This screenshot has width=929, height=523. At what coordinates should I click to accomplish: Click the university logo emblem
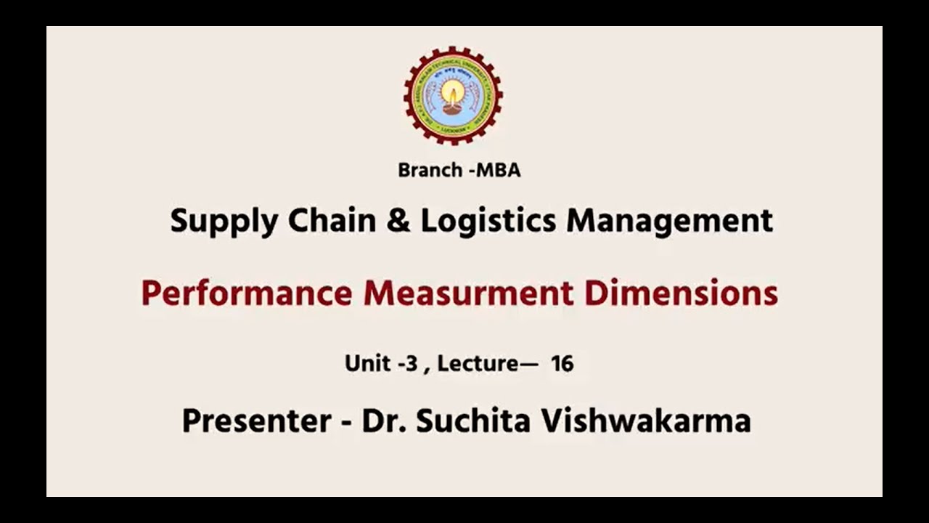point(453,95)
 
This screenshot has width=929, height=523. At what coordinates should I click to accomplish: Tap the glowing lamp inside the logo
point(453,94)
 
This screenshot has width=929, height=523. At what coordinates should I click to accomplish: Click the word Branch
point(430,171)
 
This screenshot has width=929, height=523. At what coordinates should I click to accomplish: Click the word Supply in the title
point(224,221)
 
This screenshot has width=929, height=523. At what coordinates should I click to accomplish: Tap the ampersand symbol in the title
point(398,220)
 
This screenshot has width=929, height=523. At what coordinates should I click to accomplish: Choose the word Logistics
point(488,221)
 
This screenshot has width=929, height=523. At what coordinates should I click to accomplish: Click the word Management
point(669,221)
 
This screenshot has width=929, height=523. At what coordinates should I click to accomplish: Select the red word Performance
point(246,293)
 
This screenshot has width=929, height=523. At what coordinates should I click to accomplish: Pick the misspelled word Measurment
point(468,293)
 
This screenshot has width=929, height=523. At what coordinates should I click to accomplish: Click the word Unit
point(368,363)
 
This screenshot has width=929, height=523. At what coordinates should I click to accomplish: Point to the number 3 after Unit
point(412,363)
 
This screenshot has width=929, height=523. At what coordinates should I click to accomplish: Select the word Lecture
point(478,363)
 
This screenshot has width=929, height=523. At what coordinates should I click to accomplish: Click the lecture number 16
point(562,363)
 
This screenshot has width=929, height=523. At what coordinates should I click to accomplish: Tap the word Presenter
point(256,421)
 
